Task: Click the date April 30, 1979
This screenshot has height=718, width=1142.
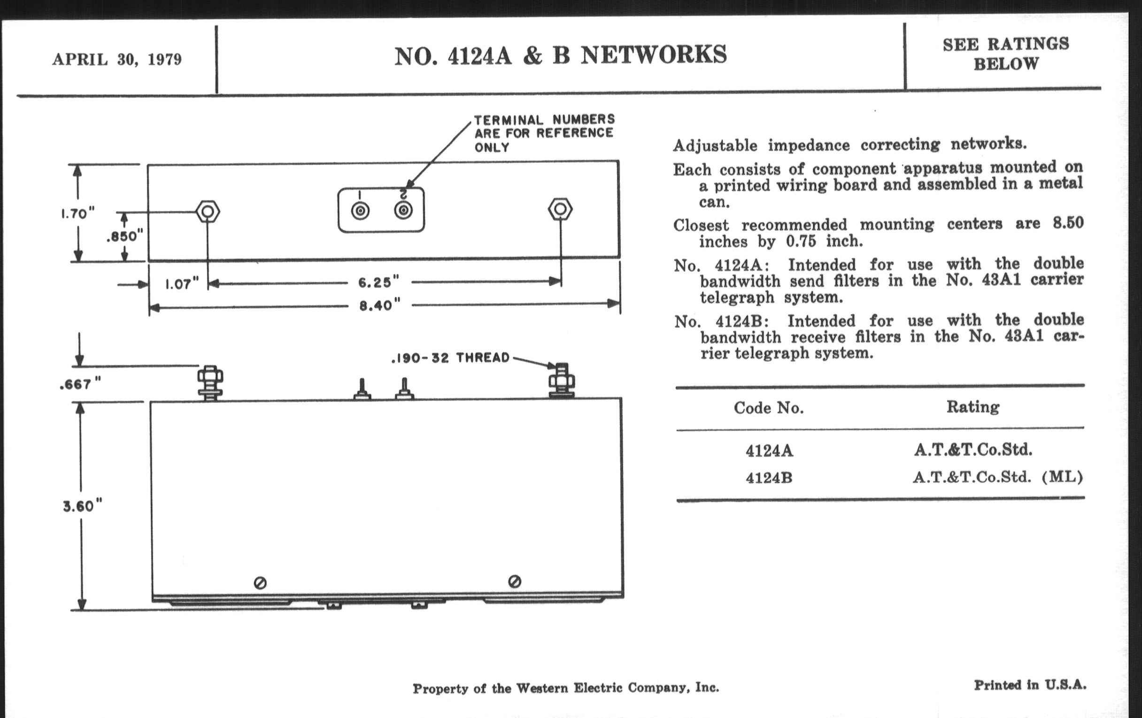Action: [x=117, y=60]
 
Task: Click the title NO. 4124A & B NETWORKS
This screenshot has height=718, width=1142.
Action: [x=561, y=55]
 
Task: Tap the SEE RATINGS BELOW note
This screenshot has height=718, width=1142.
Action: [x=1006, y=53]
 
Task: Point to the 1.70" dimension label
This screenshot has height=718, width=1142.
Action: [x=78, y=213]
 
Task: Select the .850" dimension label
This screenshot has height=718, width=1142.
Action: [x=125, y=236]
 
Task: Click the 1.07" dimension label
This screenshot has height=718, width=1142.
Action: [x=182, y=284]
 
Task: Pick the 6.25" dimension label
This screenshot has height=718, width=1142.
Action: [x=378, y=283]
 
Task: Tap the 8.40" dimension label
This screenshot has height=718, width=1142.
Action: [x=379, y=305]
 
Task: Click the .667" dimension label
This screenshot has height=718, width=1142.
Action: [x=80, y=384]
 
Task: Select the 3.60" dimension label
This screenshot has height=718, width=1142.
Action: [x=82, y=506]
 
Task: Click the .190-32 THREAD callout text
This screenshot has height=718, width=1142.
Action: [x=450, y=358]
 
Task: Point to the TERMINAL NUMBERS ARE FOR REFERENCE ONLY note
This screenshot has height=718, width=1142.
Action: [x=544, y=133]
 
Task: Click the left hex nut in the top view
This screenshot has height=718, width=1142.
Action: [x=208, y=211]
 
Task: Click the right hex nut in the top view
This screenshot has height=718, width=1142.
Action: [x=560, y=209]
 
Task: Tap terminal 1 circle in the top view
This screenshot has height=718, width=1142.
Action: [x=361, y=210]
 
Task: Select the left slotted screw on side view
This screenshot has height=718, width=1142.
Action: [x=260, y=583]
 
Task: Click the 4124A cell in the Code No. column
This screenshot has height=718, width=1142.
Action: [x=769, y=450]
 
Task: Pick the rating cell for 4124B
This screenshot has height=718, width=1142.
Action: [x=998, y=477]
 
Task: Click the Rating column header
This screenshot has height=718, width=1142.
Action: [x=972, y=406]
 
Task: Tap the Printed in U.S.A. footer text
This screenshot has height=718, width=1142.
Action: [x=1030, y=685]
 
